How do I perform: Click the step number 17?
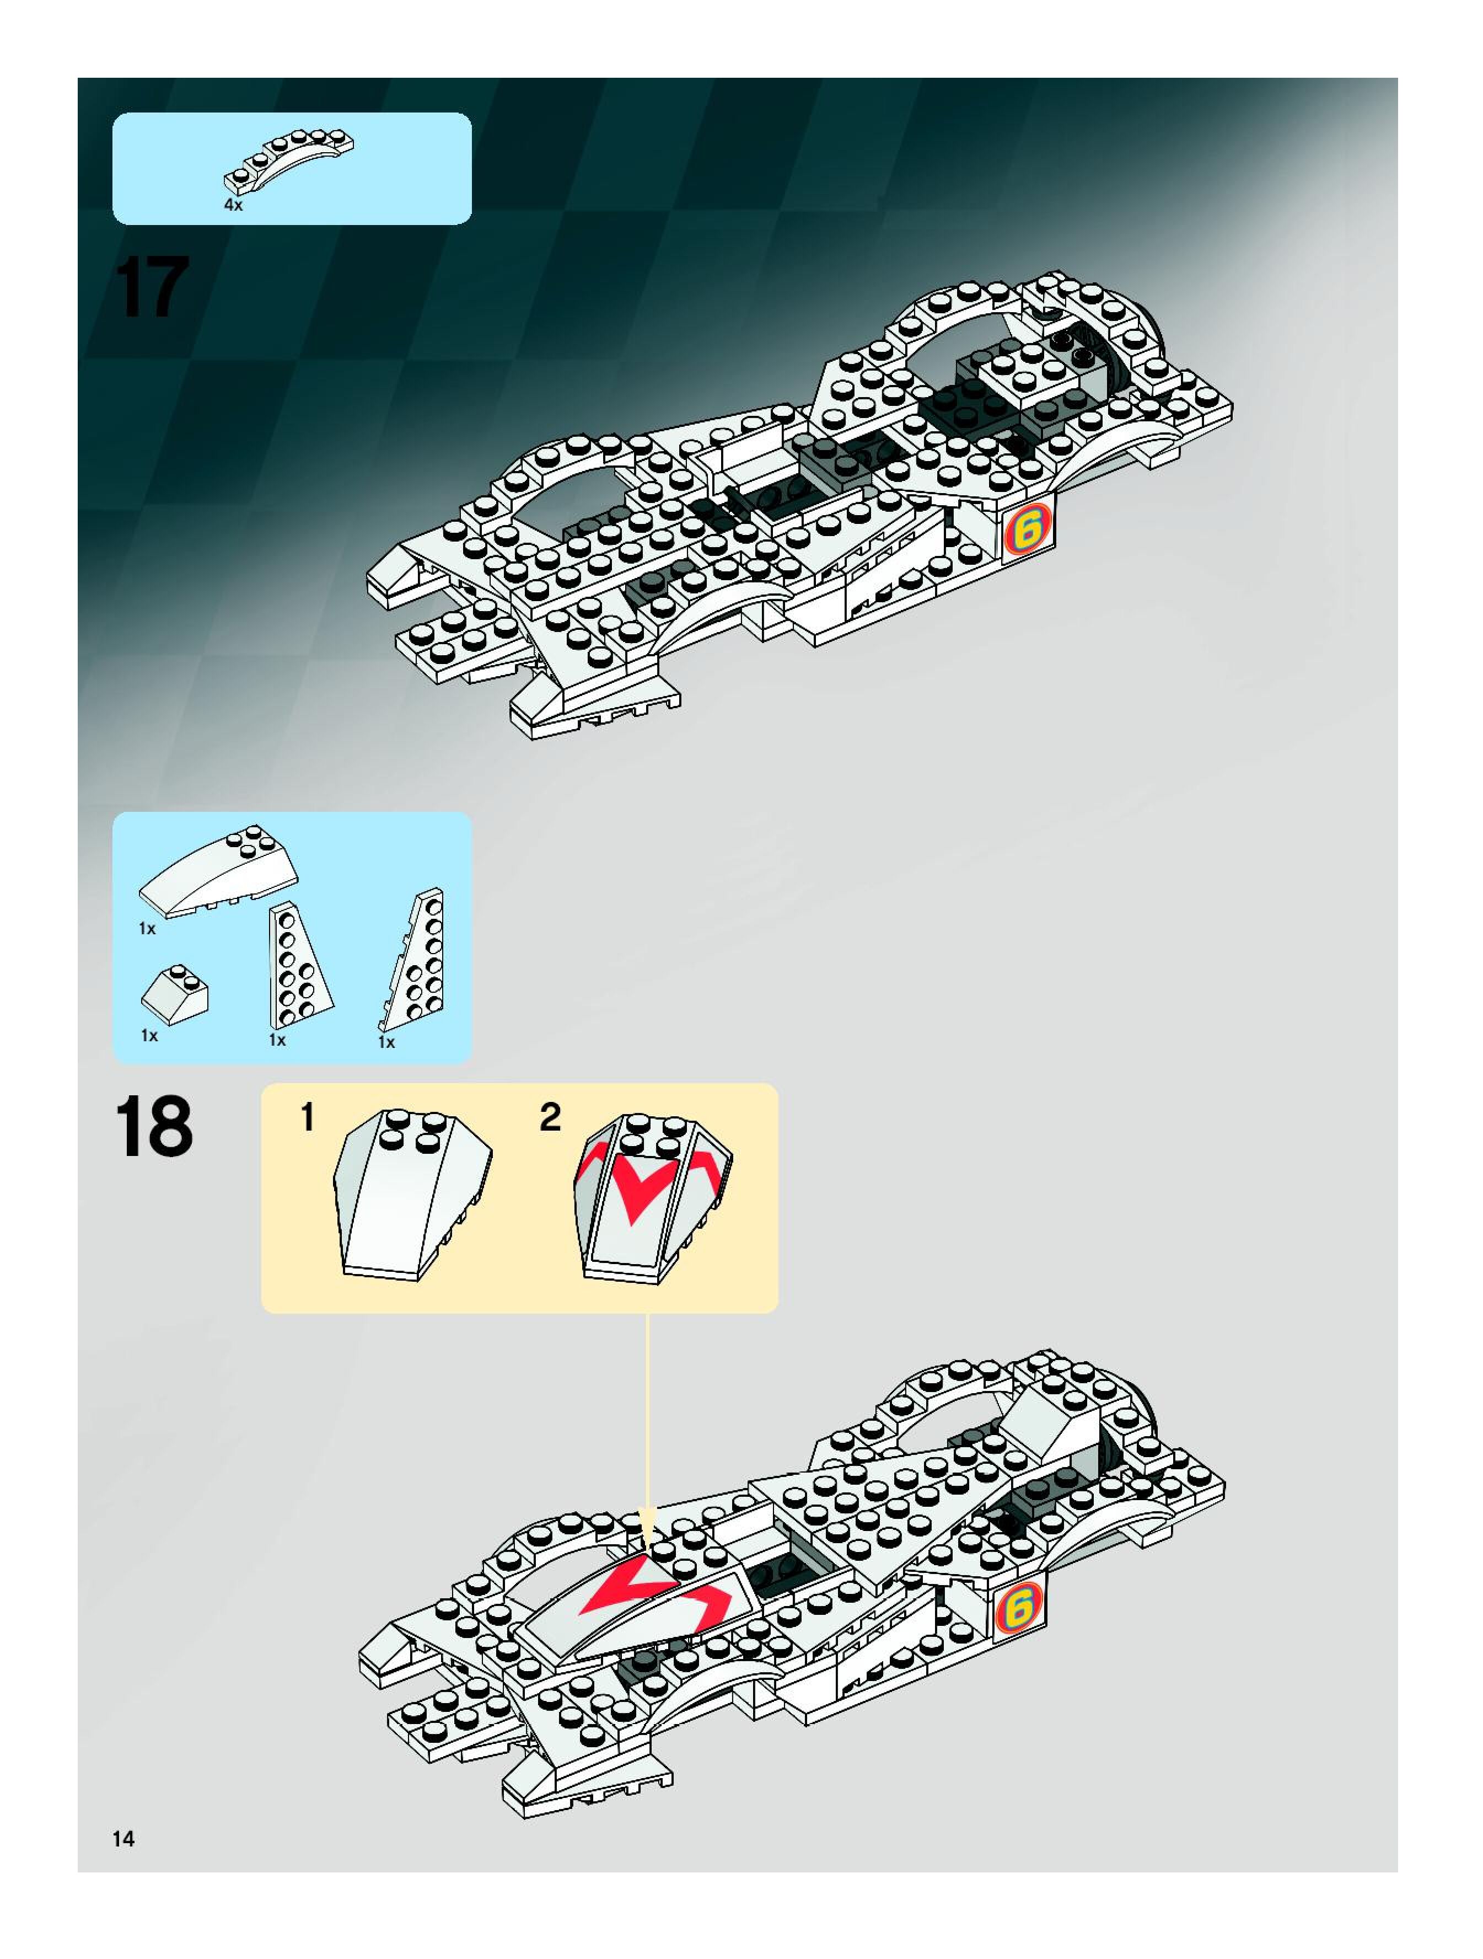[x=152, y=286]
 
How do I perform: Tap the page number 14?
[x=123, y=1839]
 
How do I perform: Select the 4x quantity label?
[x=233, y=205]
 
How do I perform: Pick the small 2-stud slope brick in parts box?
[x=175, y=993]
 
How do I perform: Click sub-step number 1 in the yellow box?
[x=307, y=1118]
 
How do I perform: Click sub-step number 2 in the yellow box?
[x=550, y=1118]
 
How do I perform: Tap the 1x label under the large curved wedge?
[x=147, y=929]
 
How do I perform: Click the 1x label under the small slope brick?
[x=149, y=1035]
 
